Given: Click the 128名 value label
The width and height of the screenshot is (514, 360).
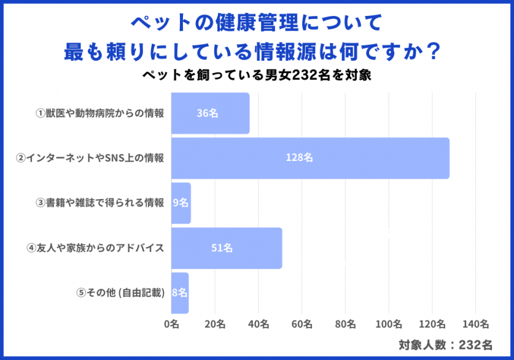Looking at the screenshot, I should coord(299,158).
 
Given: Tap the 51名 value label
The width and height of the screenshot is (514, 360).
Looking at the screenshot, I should coord(222,248).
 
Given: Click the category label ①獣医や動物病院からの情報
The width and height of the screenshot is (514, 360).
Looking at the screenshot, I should coord(100,113).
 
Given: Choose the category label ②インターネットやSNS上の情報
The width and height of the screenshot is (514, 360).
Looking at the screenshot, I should coord(90,158).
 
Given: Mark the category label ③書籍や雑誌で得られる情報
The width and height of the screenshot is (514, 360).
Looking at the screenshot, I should coord(100,203).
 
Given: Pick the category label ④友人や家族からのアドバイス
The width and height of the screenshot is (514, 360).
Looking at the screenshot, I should coord(95,248).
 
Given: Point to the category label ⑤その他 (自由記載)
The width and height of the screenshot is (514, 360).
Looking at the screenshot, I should coord(120,293).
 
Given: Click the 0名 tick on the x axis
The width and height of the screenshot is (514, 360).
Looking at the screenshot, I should coord(171,324).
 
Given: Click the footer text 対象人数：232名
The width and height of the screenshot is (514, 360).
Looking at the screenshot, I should coord(445,345).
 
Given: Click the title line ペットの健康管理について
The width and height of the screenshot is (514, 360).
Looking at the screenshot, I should coord(257,23).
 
